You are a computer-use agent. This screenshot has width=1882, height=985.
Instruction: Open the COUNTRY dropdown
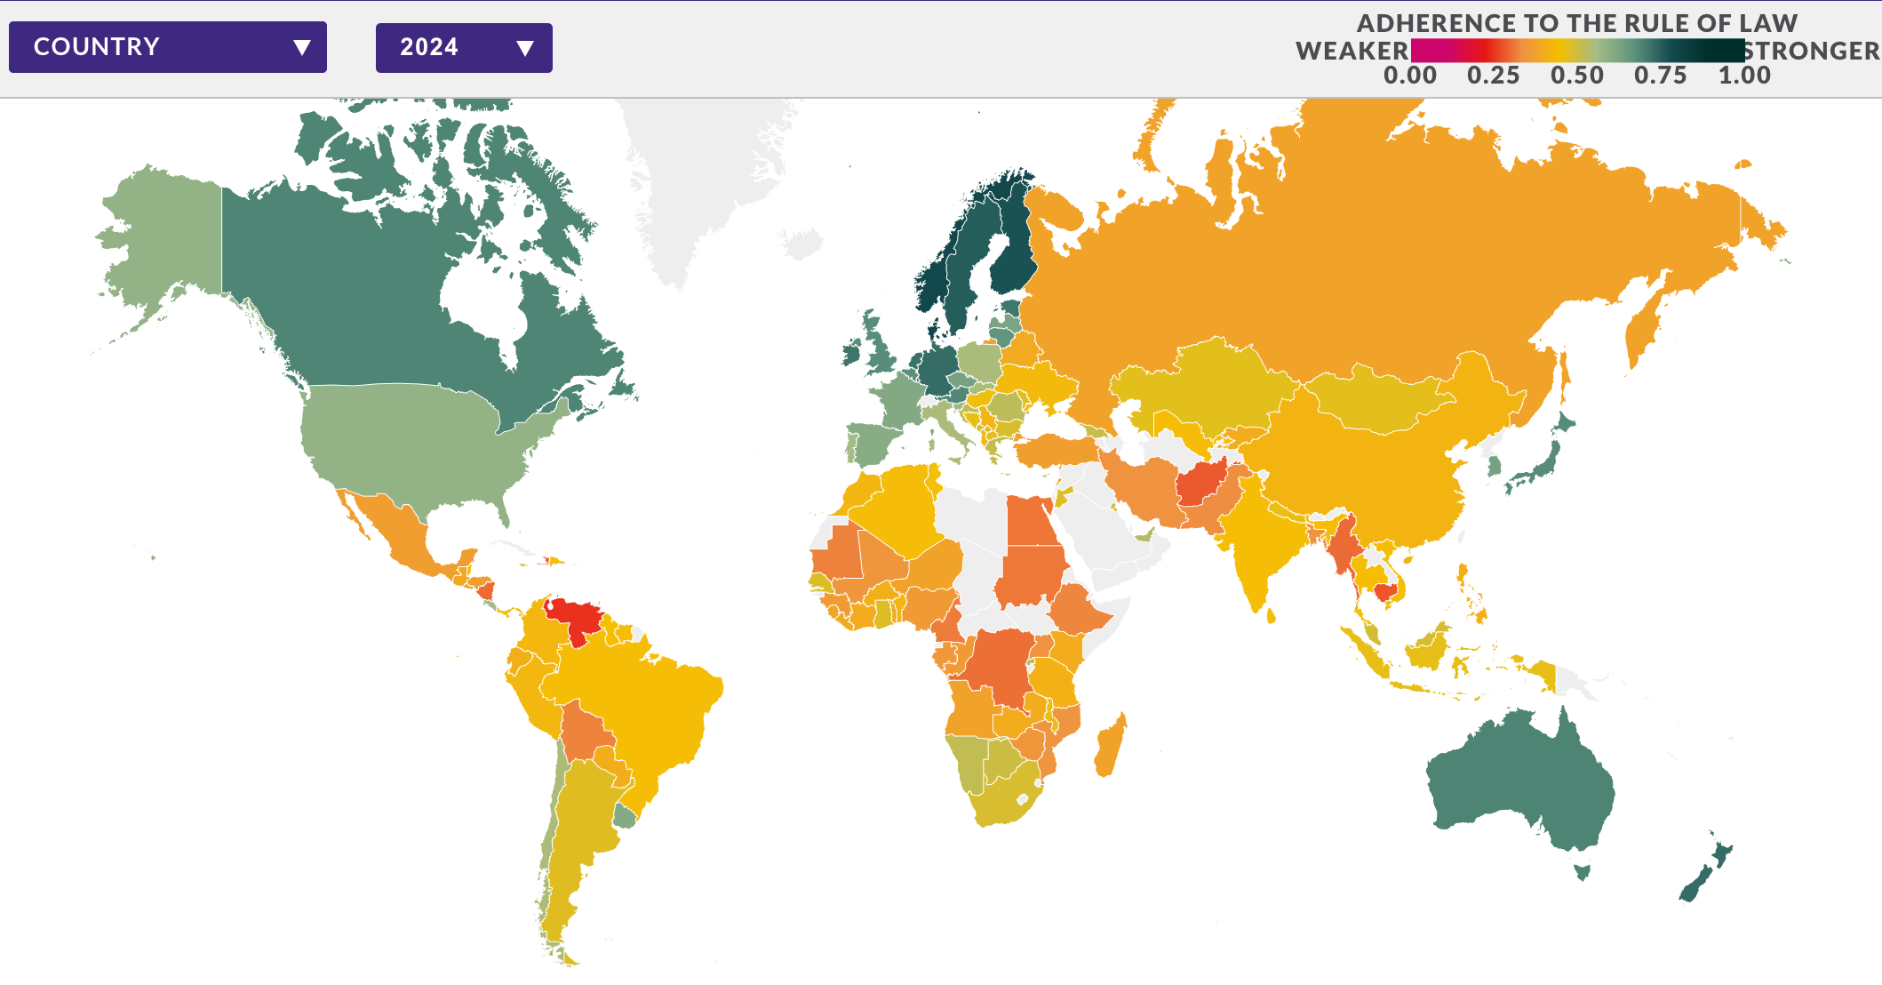167,47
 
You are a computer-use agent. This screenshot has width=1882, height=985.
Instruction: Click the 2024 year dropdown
463,47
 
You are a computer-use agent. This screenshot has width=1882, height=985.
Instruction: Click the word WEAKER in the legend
1352,52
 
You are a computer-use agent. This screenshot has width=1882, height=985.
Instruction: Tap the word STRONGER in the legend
1813,52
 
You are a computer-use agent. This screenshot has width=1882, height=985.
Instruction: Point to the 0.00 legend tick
1410,76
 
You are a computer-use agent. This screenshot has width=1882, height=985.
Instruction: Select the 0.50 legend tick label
1577,76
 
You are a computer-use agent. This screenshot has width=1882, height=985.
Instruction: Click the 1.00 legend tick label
1744,76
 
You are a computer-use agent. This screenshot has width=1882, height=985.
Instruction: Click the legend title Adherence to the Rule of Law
1577,23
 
